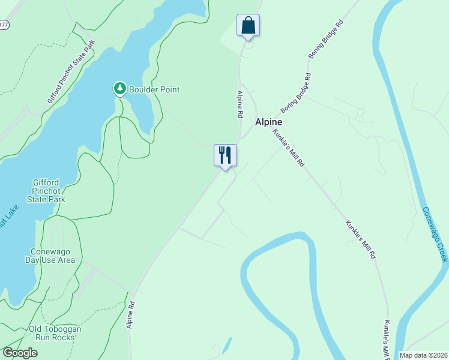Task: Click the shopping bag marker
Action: pos(248,26)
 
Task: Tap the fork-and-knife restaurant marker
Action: pos(225,155)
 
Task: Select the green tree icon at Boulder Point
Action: pos(120,89)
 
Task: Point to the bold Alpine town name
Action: pos(268,121)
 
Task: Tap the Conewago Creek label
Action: pos(435,234)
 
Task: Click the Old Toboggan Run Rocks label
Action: pos(55,333)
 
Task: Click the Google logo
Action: pos(20,353)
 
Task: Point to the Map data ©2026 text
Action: pos(424,355)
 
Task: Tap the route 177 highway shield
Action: pos(5,25)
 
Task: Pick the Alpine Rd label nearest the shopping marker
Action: pos(240,103)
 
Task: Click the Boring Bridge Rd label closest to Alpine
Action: pos(297,93)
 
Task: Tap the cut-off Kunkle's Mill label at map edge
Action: pos(384,340)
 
